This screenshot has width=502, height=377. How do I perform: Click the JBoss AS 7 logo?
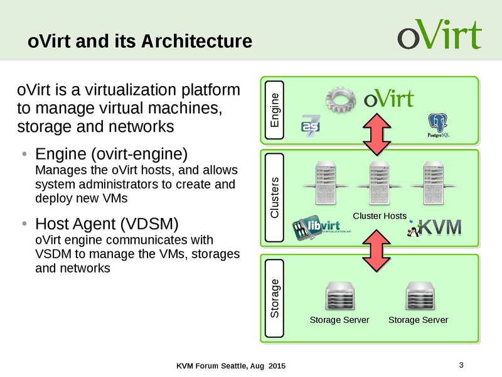coord(311,126)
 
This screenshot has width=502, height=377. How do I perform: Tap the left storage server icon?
coord(339,296)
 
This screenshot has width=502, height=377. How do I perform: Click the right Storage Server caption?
coord(418,320)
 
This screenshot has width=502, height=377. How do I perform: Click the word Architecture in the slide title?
coord(197,41)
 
